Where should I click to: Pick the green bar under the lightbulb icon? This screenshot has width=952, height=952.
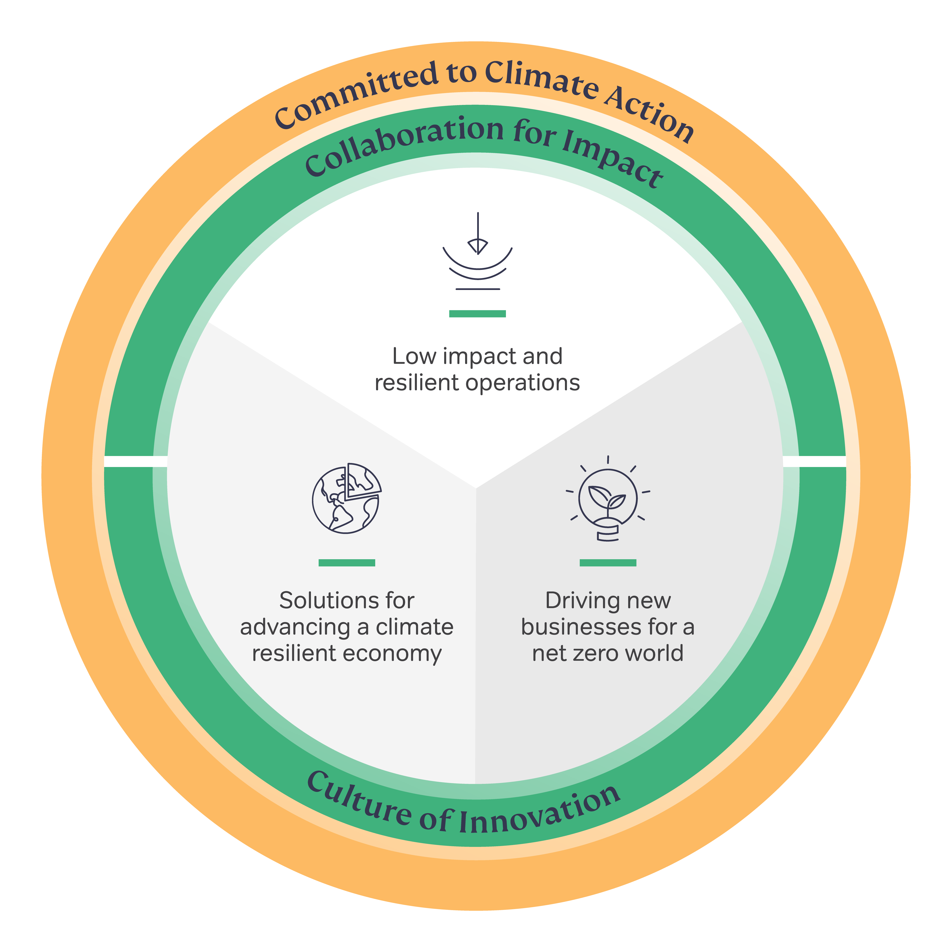pos(608,563)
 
